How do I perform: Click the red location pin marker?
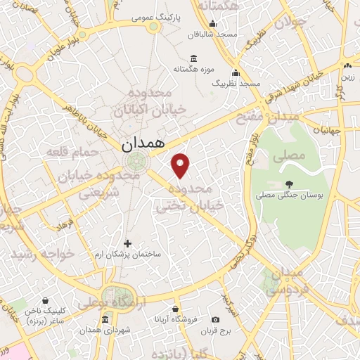point(181,165)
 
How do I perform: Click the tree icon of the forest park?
point(289,184)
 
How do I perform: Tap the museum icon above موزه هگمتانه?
point(193,58)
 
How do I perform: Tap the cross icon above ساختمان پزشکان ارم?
point(127,243)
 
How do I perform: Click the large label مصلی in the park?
point(292,153)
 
